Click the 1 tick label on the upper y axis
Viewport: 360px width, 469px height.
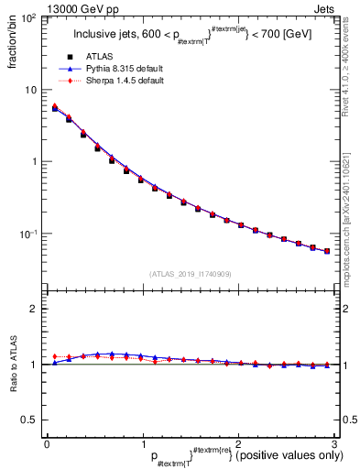[35, 162]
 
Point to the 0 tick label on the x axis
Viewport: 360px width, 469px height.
[46, 444]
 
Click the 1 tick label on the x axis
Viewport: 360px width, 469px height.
[142, 444]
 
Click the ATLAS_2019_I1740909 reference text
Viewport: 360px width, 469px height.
[190, 274]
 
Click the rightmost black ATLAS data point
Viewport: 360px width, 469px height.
[327, 250]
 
